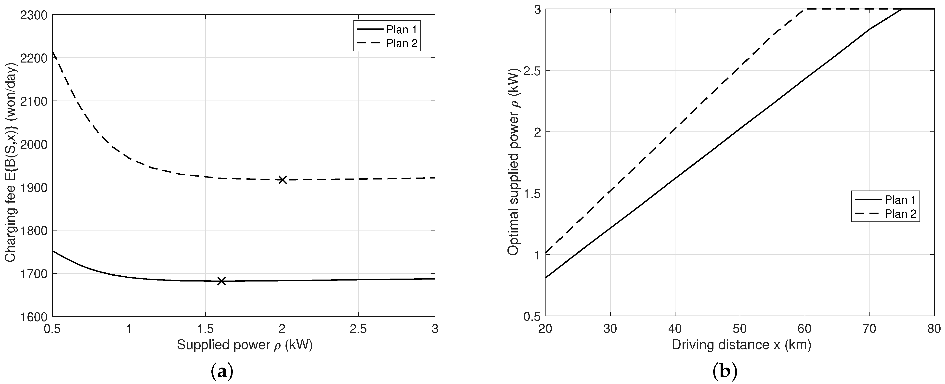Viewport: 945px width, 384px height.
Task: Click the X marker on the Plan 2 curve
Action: click(x=282, y=180)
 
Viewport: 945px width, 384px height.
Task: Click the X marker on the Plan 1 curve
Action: click(x=221, y=281)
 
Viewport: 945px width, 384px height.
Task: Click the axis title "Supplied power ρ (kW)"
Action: click(x=245, y=345)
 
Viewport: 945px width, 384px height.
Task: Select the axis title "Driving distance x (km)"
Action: click(x=741, y=345)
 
